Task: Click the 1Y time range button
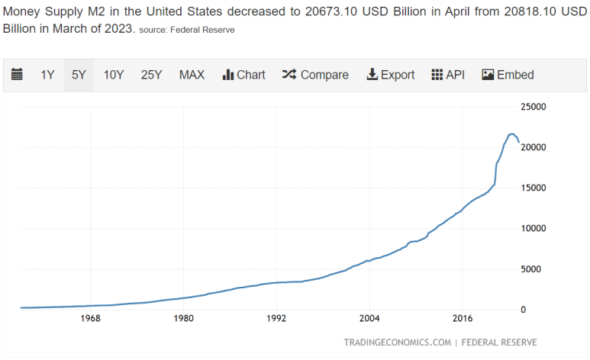[x=47, y=75]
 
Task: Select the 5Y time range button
[x=79, y=75]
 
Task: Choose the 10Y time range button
[x=114, y=75]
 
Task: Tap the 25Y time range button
[x=151, y=75]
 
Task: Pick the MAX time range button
[x=192, y=75]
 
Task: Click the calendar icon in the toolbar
[x=17, y=75]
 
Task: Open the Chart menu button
[x=243, y=75]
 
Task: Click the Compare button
[x=315, y=75]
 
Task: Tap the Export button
[x=390, y=75]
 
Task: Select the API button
[x=448, y=75]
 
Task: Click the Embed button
[x=508, y=75]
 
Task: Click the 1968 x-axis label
[x=90, y=318]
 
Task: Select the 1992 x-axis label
[x=276, y=318]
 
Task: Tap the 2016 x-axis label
[x=463, y=318]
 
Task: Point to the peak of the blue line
[x=511, y=134]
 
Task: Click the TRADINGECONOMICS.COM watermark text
[x=396, y=342]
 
